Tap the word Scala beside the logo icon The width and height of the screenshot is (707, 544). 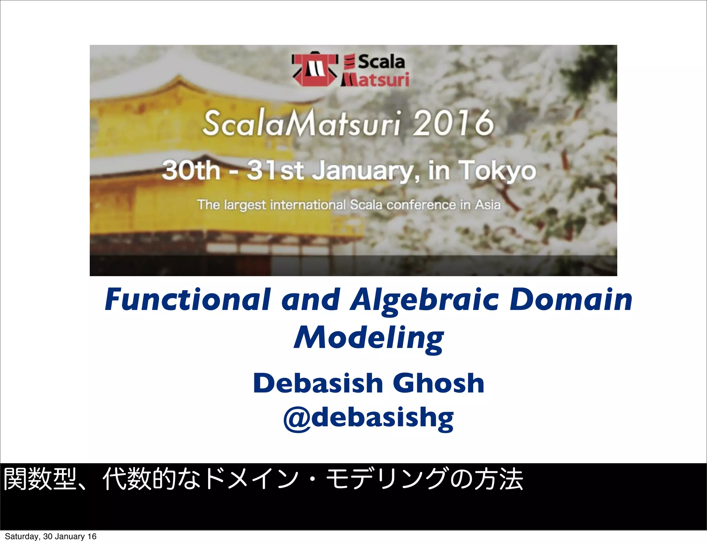[381, 62]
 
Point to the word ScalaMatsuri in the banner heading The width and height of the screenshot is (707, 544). [301, 123]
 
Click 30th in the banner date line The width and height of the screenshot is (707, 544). [191, 171]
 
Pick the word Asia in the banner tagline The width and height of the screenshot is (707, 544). [487, 205]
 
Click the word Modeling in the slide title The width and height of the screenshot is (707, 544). [369, 338]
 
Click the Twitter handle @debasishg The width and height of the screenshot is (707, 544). [368, 418]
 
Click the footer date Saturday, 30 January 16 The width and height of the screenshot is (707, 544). [50, 536]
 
